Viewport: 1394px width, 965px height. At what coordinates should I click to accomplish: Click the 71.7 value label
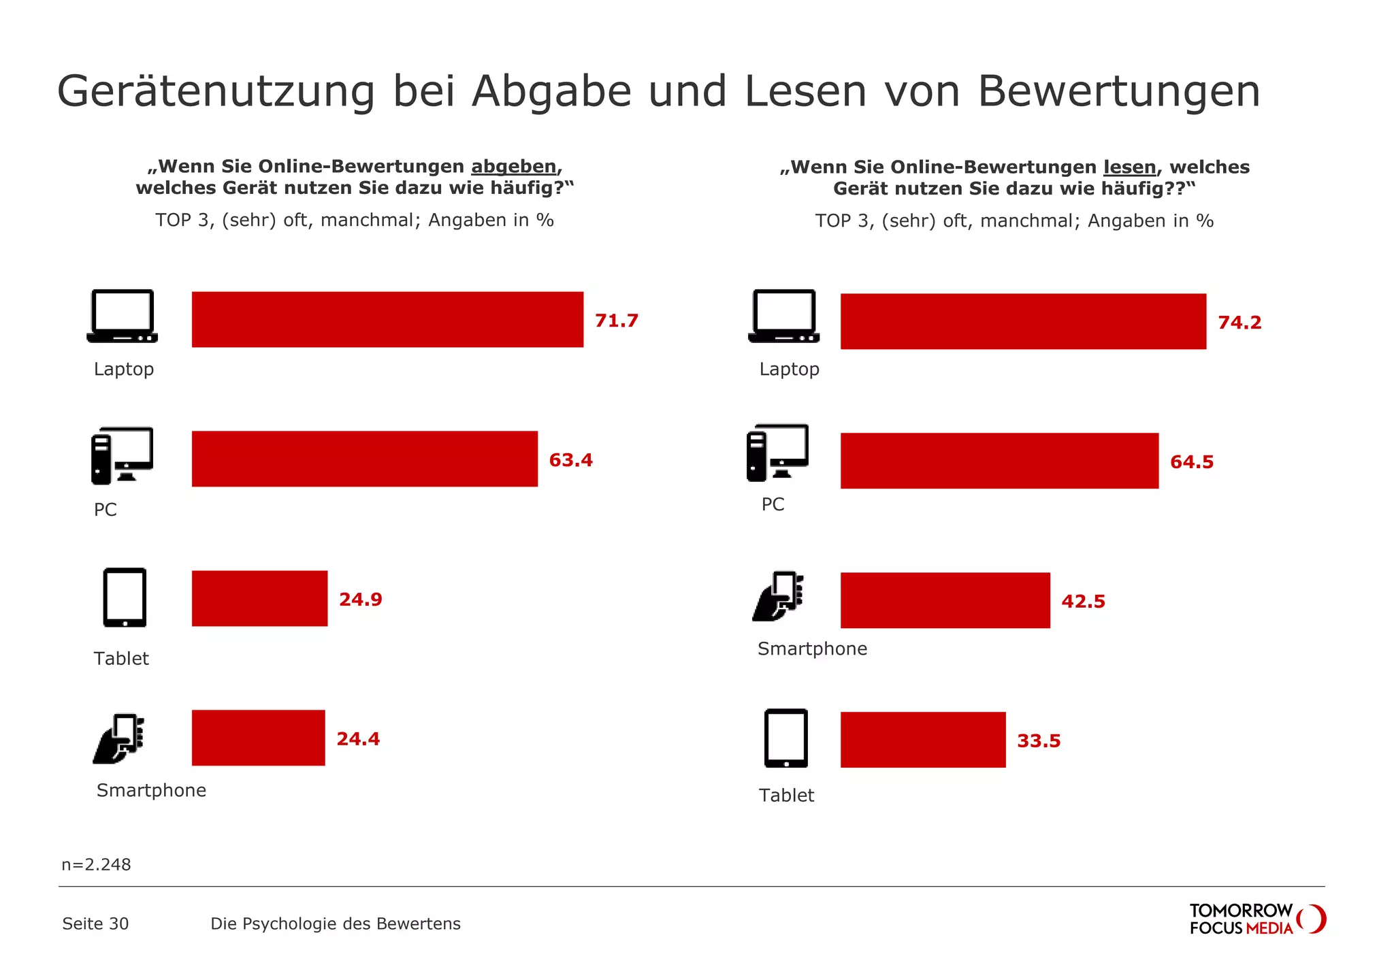[616, 321]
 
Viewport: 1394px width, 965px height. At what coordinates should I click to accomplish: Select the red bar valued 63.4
[364, 459]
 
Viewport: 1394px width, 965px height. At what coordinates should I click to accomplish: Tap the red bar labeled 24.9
[259, 598]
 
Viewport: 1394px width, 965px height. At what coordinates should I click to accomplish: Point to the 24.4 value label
[358, 738]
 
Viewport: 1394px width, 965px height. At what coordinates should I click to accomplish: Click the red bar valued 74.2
[1023, 321]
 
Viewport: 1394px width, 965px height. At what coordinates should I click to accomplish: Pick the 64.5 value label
[1191, 462]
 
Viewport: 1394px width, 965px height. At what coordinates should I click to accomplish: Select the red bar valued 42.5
[945, 600]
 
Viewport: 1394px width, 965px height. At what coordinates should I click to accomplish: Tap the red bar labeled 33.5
[922, 740]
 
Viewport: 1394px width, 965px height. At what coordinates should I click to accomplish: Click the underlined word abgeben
[513, 167]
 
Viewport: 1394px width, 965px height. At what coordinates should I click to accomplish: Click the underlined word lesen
[1129, 167]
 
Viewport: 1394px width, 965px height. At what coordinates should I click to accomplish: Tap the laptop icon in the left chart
[123, 316]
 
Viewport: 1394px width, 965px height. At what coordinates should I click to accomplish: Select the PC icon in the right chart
[777, 453]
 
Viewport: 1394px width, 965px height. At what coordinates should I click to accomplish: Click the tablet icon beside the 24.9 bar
[125, 598]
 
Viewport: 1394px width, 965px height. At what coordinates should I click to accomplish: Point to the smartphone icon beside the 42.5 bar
[778, 596]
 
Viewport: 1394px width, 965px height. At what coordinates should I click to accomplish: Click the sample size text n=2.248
[96, 864]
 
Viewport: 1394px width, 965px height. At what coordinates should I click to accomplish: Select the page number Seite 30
[95, 923]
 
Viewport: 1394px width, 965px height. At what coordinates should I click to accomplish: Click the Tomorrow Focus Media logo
[1257, 919]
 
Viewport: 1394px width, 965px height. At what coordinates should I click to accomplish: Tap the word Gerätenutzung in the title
[216, 91]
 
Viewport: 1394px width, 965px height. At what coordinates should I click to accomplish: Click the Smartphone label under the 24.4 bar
[151, 790]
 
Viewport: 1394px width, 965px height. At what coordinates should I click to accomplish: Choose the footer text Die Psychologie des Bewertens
[335, 923]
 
